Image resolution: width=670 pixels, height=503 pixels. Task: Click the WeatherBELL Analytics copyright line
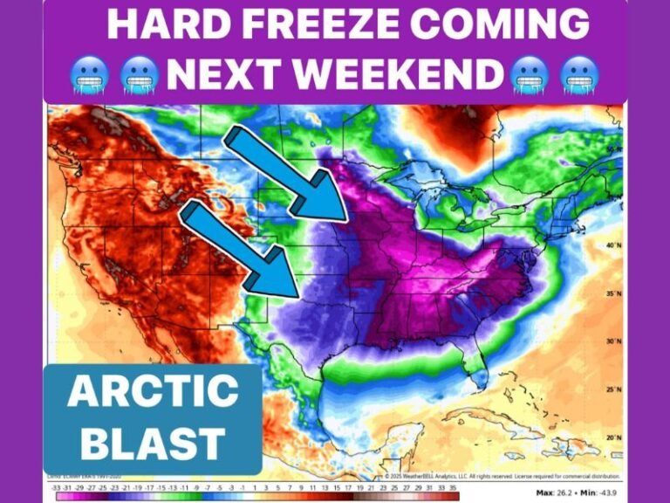tap(502, 476)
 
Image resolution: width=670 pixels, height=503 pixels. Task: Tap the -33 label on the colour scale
tap(56, 486)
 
